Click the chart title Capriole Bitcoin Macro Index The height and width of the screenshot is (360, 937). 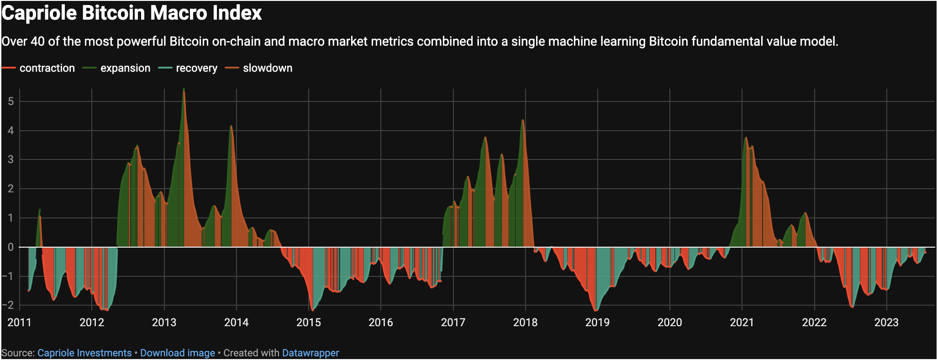(x=132, y=13)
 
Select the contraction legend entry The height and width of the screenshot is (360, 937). (x=47, y=68)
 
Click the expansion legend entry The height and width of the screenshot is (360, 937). (x=125, y=68)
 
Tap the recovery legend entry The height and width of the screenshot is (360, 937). (x=196, y=68)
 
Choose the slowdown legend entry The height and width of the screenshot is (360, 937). (x=267, y=68)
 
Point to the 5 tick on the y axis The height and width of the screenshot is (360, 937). (x=11, y=101)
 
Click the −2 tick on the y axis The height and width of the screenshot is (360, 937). (x=9, y=305)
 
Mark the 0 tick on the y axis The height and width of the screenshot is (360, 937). (x=11, y=247)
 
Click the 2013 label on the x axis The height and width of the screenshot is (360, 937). (x=164, y=323)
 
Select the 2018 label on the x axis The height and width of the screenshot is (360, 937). (x=525, y=323)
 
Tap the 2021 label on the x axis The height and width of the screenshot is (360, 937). (x=742, y=323)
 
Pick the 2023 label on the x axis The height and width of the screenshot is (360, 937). (x=886, y=323)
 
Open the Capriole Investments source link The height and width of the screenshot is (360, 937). (x=84, y=353)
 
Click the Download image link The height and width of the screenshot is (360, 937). (x=177, y=353)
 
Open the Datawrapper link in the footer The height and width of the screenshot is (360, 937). (x=311, y=353)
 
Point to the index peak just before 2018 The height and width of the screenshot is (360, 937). (x=522, y=121)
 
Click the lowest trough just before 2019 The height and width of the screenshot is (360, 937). (x=595, y=311)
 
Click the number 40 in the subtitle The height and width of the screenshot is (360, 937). (x=37, y=42)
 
